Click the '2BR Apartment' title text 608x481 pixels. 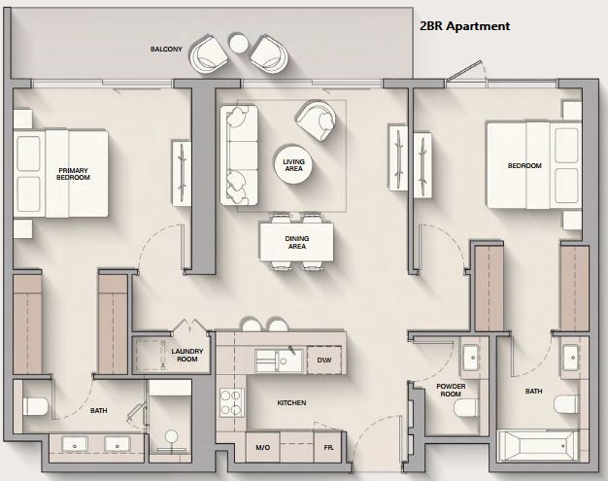click(x=465, y=26)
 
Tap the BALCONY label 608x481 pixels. click(x=166, y=50)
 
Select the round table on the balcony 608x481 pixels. click(x=238, y=43)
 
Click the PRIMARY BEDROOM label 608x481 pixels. click(x=73, y=174)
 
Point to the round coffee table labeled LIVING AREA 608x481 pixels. click(x=293, y=165)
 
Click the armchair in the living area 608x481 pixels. click(x=316, y=120)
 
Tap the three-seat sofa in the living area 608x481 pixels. click(x=239, y=155)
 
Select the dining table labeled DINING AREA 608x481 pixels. click(x=296, y=242)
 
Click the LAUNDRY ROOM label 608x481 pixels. click(x=187, y=355)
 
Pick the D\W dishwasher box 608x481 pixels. click(x=324, y=360)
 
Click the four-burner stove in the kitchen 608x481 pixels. click(x=232, y=402)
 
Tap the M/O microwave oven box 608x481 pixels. click(x=262, y=447)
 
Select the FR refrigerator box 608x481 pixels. click(x=328, y=447)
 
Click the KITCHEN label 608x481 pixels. click(x=291, y=403)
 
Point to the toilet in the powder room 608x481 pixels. click(x=465, y=407)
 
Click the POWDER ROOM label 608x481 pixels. click(x=451, y=391)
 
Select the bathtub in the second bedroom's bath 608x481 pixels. click(x=536, y=446)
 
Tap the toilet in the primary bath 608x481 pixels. click(x=35, y=406)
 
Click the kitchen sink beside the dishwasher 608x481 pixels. click(x=280, y=361)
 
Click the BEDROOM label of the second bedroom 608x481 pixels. click(x=524, y=165)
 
